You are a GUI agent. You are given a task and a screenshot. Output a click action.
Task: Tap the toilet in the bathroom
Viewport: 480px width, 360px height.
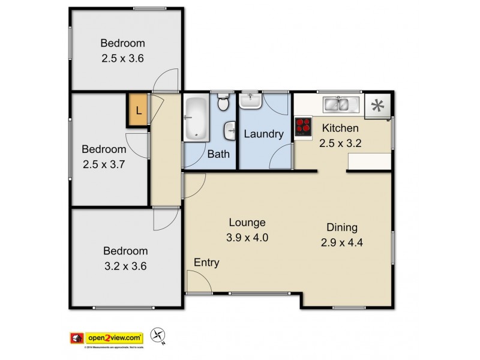pyautogui.click(x=223, y=103)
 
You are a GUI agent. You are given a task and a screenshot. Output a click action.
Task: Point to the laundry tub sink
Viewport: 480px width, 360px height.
pyautogui.click(x=250, y=100)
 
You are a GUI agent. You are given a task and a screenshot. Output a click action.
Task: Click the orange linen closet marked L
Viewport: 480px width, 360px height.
pyautogui.click(x=138, y=110)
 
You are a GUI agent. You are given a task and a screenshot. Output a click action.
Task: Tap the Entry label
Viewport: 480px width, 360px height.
pyautogui.click(x=206, y=262)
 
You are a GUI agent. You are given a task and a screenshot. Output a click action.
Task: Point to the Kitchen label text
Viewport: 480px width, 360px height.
pyautogui.click(x=340, y=128)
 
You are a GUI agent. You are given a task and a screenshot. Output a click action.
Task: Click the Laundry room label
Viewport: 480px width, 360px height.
pyautogui.click(x=263, y=134)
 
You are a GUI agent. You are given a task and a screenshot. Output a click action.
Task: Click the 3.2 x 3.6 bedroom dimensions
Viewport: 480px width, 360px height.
pyautogui.click(x=125, y=265)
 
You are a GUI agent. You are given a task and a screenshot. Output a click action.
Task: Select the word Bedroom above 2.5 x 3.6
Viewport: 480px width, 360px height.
pyautogui.click(x=122, y=43)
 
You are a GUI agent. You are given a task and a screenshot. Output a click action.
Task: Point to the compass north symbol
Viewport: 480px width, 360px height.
pyautogui.click(x=158, y=337)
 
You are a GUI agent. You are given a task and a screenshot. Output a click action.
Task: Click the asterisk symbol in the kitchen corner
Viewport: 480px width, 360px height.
pyautogui.click(x=377, y=106)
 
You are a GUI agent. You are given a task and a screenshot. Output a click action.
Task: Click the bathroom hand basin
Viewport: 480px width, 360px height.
pyautogui.click(x=230, y=130)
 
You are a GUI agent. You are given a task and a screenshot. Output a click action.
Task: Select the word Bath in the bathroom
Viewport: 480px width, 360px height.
pyautogui.click(x=218, y=154)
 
